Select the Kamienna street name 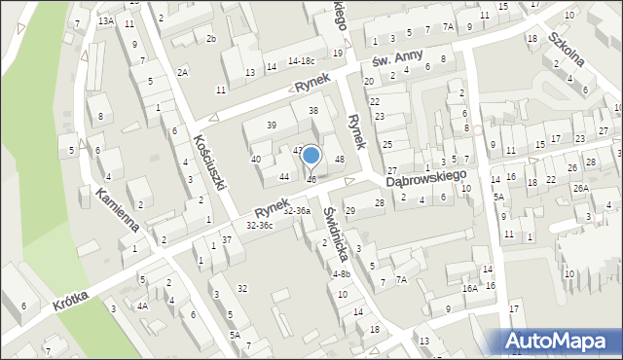[x=117, y=211]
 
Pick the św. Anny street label [x=393, y=61]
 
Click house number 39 [x=272, y=125]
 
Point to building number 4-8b [x=341, y=274]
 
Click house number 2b [x=210, y=38]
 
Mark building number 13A [x=106, y=20]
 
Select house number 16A [x=469, y=288]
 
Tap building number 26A [x=580, y=188]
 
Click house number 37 [x=226, y=239]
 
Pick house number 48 [x=340, y=159]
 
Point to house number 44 [x=283, y=176]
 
